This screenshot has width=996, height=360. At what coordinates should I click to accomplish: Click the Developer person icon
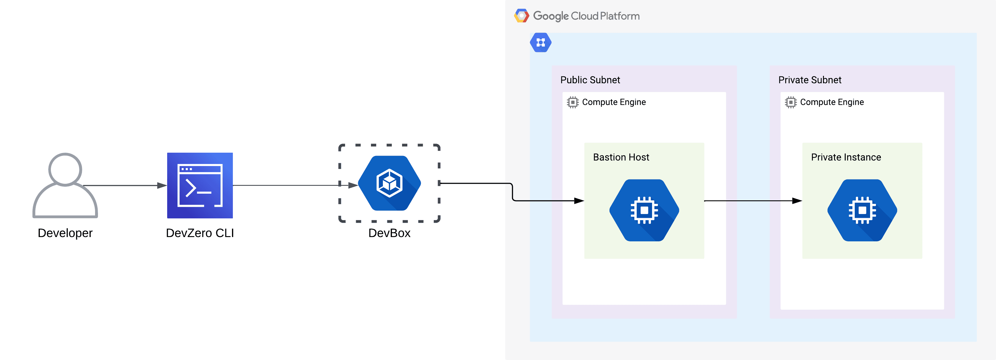click(x=65, y=186)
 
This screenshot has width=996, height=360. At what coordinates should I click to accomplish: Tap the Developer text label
click(x=65, y=233)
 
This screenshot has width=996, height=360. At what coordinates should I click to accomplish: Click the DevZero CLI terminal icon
click(x=200, y=186)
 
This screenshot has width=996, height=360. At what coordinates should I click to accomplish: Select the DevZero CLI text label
click(x=200, y=233)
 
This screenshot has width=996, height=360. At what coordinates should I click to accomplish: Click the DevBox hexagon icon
click(x=389, y=183)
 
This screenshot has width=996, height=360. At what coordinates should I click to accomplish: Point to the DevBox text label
click(x=389, y=233)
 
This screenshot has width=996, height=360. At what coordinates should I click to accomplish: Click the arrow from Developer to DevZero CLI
click(x=124, y=186)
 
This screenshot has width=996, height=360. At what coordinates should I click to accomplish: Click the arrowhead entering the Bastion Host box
click(x=579, y=201)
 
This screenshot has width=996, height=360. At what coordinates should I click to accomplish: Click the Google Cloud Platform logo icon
click(x=521, y=16)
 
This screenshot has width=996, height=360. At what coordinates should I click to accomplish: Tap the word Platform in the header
click(x=620, y=16)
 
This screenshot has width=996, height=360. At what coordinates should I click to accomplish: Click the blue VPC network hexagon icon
click(x=540, y=42)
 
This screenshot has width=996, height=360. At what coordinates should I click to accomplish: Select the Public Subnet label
click(x=590, y=80)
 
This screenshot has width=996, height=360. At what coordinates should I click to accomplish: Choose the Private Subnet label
click(x=810, y=80)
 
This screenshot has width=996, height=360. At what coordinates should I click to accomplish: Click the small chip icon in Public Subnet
click(x=573, y=102)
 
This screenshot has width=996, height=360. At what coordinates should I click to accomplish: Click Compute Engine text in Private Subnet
click(x=832, y=102)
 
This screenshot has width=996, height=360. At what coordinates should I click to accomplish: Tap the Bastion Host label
click(x=621, y=157)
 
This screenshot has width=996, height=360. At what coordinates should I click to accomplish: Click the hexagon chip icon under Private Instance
click(x=862, y=210)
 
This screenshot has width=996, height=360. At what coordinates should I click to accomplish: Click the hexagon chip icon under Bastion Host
click(x=644, y=210)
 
